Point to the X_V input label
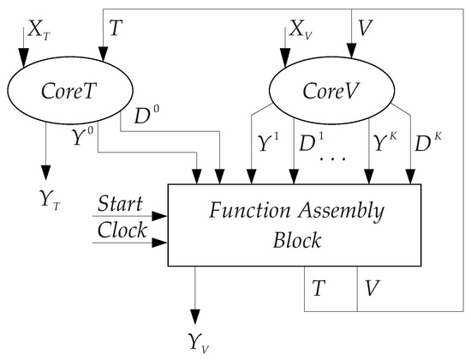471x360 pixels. coord(298,30)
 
